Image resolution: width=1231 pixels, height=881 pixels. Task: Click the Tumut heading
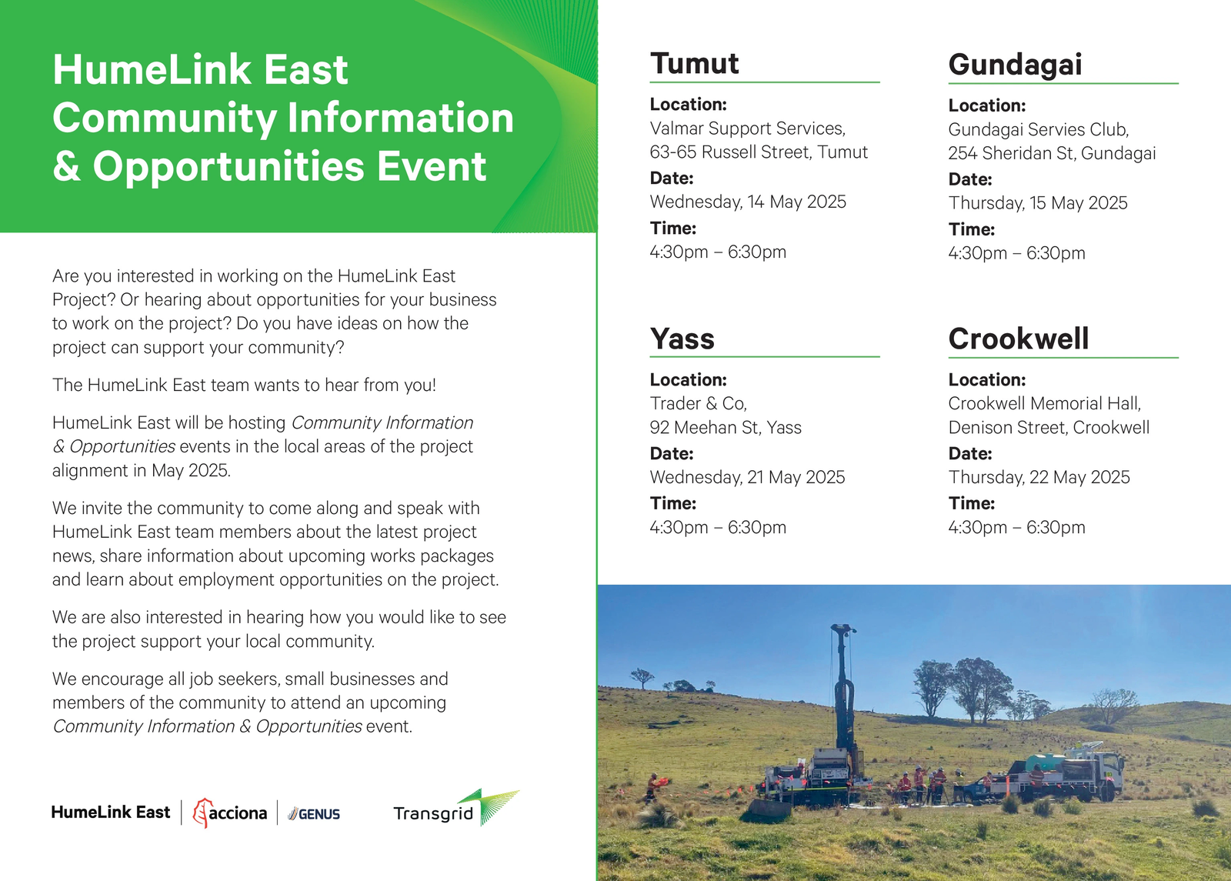coord(694,63)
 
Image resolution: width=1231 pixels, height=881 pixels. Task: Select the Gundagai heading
coord(1015,65)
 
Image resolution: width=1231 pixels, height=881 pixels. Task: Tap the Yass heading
coord(682,339)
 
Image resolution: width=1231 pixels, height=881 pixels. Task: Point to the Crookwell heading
coord(1019,338)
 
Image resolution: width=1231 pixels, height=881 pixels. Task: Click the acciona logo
coord(230,813)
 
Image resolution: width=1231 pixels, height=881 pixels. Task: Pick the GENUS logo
coord(314,814)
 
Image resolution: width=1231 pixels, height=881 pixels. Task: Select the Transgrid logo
coord(456,809)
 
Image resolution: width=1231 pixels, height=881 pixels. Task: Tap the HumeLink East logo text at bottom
coord(111,813)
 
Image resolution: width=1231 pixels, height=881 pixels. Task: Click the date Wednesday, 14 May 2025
coord(748,202)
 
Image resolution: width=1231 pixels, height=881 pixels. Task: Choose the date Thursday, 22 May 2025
coord(1039,477)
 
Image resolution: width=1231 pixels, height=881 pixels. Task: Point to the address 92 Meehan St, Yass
coord(726,428)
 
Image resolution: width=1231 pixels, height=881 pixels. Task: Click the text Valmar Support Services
coord(747,128)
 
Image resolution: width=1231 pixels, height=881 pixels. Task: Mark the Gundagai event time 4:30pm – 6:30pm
coord(1016,253)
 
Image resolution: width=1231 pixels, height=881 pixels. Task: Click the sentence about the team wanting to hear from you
coord(244,385)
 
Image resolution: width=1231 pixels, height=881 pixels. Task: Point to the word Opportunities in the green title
coord(229,166)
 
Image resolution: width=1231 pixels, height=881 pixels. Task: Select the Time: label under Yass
coord(673,503)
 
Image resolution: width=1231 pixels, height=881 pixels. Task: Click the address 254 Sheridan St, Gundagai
coord(1052,153)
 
